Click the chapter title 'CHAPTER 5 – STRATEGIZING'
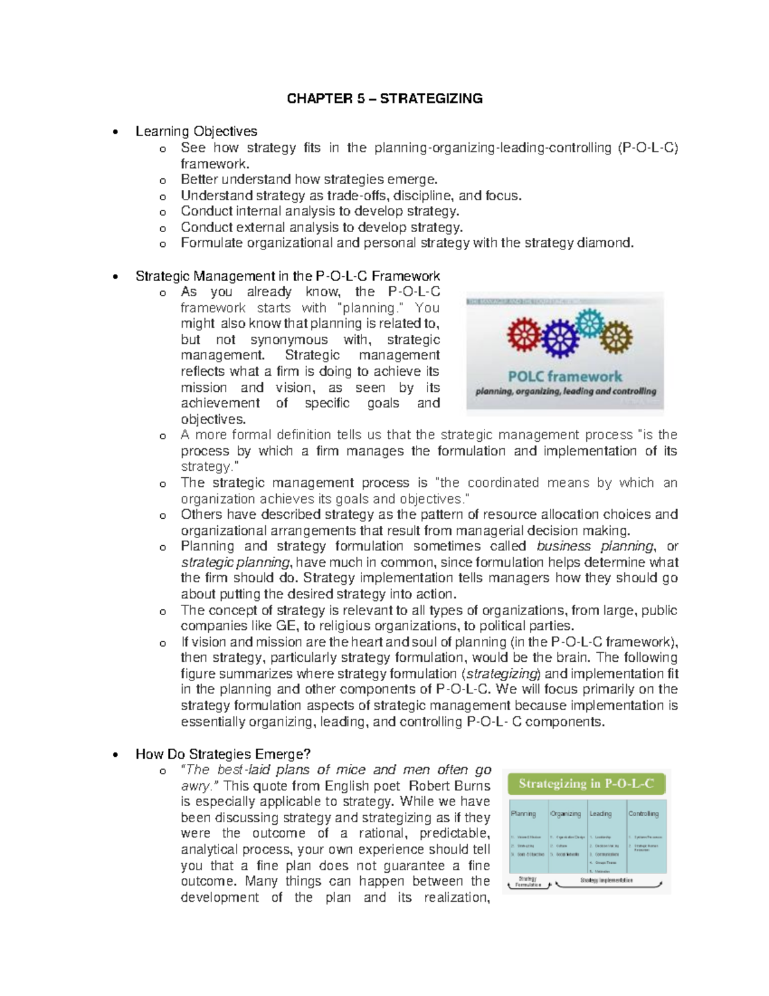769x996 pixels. [384, 99]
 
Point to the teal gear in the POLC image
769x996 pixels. [591, 323]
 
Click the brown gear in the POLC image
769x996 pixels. [616, 335]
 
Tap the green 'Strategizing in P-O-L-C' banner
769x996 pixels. [586, 784]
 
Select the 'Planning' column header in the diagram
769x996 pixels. [524, 813]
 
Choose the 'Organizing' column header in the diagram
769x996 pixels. [565, 813]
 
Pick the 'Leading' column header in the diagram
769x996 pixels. [600, 813]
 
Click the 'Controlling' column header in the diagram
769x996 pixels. [643, 813]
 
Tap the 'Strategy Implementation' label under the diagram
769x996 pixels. [606, 881]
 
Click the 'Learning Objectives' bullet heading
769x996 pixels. [196, 131]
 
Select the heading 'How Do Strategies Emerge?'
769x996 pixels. [222, 754]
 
